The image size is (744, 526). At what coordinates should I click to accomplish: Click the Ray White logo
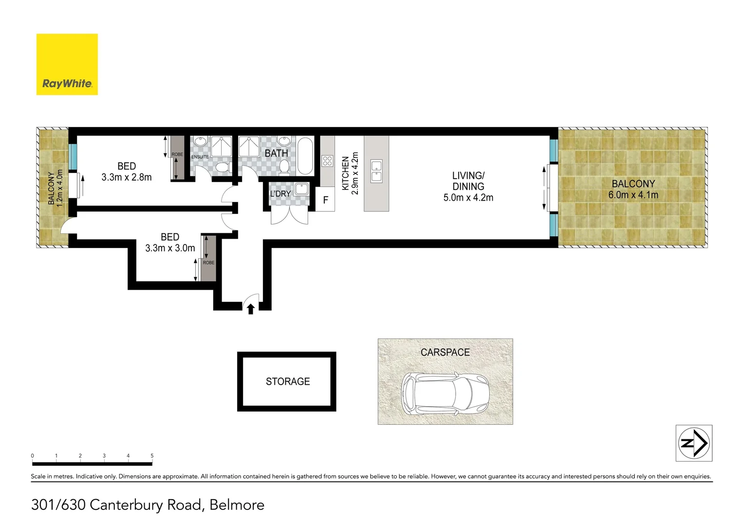tap(67, 64)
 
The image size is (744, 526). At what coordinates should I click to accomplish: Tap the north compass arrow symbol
tap(694, 443)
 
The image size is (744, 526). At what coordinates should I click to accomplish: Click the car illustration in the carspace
tap(445, 394)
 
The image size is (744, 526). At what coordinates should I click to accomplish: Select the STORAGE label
tap(288, 382)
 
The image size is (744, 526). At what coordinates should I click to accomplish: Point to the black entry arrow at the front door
tap(251, 309)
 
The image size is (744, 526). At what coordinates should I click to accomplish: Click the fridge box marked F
tap(325, 200)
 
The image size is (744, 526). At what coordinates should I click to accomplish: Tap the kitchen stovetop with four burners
tap(327, 161)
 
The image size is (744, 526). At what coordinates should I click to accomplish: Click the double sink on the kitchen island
tap(376, 171)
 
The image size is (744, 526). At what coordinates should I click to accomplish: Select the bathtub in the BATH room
tap(305, 156)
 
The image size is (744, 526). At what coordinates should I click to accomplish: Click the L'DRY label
tap(280, 194)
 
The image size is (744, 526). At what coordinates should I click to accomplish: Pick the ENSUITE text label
tap(200, 157)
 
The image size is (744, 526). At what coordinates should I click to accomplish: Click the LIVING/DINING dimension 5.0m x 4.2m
tap(468, 198)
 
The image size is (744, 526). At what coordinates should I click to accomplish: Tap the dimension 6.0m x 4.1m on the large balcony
tap(633, 195)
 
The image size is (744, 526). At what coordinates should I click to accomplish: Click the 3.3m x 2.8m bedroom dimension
tap(127, 177)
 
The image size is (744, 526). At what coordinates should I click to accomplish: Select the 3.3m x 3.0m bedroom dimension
tap(170, 248)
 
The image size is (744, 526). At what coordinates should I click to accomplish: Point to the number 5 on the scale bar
tap(152, 456)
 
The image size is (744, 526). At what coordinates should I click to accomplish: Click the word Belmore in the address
tap(237, 505)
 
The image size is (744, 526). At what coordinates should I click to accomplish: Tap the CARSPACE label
tap(445, 352)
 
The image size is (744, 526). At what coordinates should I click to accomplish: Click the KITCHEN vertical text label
tap(345, 173)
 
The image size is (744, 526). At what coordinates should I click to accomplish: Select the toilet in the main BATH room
tap(285, 167)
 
